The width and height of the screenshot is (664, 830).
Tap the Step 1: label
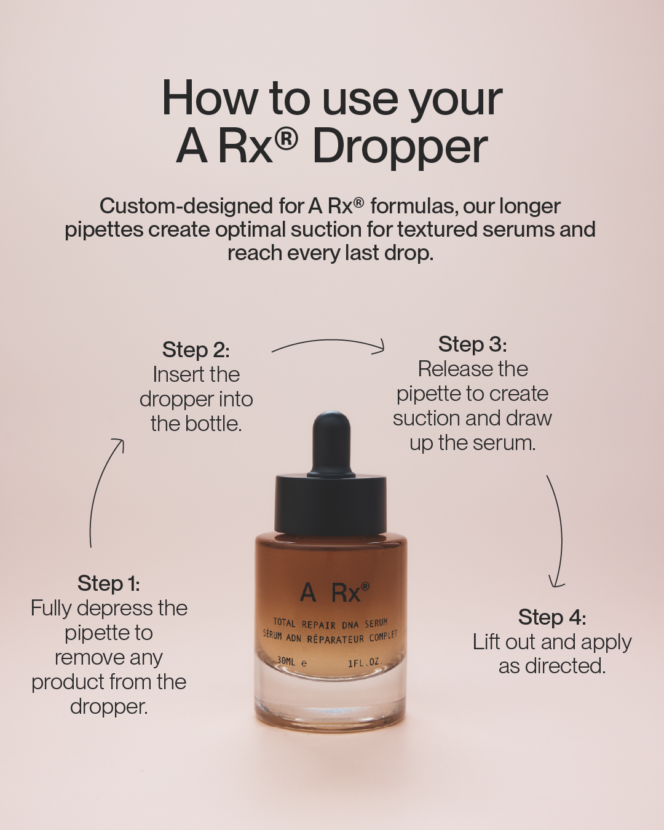tap(109, 583)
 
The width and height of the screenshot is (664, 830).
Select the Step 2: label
tap(196, 349)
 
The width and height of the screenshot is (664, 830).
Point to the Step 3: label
tap(473, 344)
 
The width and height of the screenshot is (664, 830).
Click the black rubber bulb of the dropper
tap(331, 443)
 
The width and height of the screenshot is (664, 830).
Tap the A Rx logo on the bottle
tap(334, 593)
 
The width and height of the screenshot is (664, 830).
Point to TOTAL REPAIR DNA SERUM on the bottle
tap(330, 623)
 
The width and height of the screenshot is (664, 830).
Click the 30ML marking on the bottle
tap(286, 661)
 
